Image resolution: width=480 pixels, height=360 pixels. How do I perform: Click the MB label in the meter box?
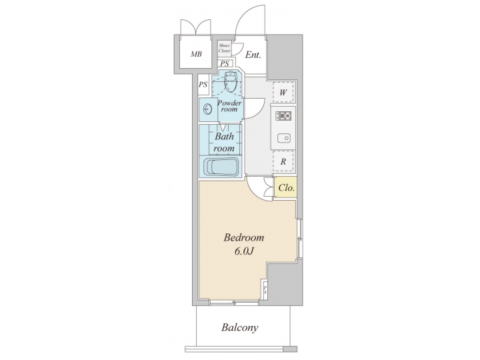197,55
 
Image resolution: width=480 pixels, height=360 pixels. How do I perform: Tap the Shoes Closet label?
225,48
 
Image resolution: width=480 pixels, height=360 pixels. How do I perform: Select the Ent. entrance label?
253,55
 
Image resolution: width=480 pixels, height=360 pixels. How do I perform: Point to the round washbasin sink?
207,109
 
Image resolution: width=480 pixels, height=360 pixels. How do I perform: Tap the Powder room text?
229,106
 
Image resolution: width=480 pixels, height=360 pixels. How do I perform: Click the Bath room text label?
224,142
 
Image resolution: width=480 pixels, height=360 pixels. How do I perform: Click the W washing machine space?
283,92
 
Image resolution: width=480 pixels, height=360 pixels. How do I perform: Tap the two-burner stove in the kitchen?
283,115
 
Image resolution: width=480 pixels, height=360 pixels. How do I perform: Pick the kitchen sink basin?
283,139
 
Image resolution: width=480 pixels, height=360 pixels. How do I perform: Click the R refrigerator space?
283,161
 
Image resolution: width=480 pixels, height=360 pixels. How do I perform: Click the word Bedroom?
244,238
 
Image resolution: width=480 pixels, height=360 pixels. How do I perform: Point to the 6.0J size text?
244,252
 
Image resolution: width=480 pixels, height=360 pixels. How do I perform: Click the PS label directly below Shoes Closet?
225,64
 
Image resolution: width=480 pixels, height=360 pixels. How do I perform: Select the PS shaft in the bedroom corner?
265,291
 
